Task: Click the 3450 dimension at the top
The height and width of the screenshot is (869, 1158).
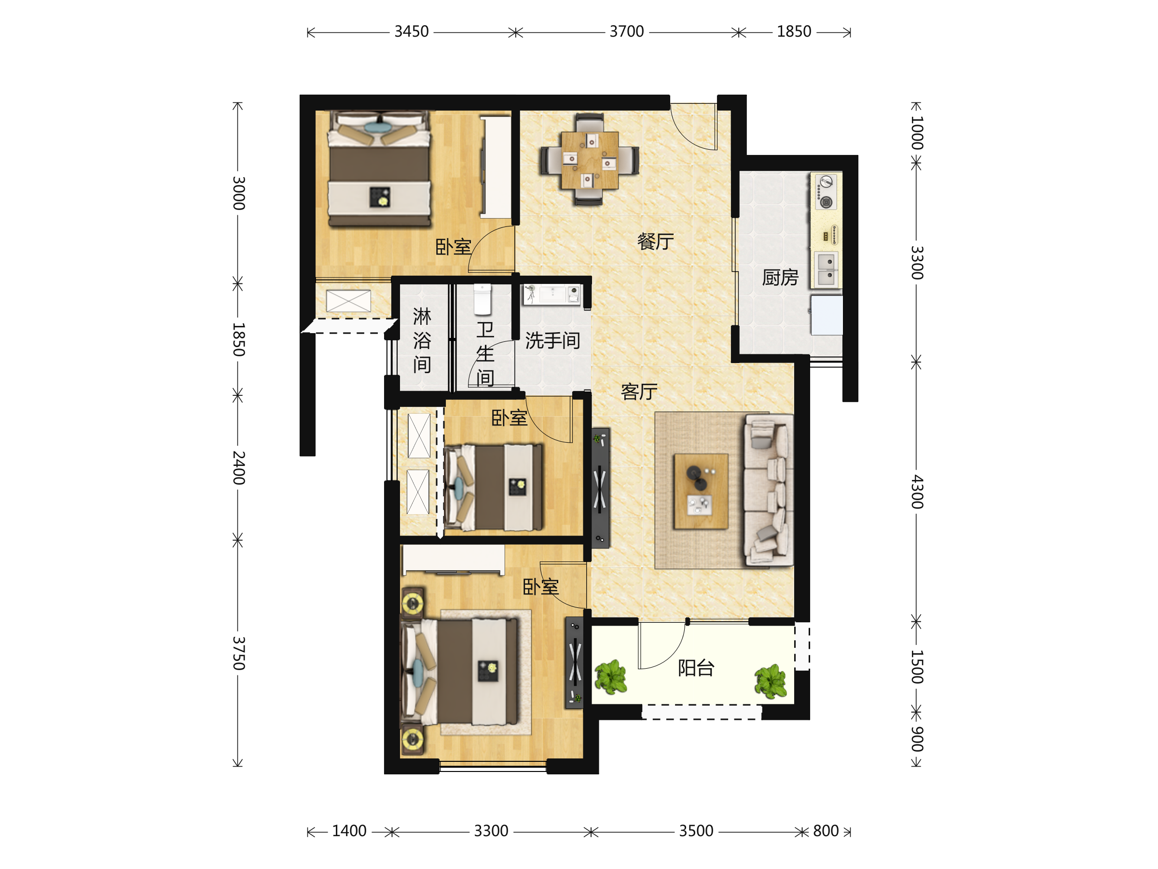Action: [412, 32]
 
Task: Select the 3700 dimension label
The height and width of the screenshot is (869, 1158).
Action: [627, 32]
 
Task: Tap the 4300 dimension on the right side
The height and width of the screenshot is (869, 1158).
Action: [917, 492]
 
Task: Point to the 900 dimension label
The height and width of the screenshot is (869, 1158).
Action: [917, 739]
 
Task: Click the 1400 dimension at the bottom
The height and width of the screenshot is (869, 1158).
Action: [349, 831]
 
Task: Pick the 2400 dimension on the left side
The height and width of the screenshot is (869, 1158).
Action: [238, 468]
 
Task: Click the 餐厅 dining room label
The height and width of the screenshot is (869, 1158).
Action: [655, 241]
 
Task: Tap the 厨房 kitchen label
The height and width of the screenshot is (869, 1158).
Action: [780, 278]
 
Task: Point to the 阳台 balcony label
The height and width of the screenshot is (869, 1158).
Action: [696, 668]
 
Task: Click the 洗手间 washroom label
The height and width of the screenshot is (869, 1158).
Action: [552, 341]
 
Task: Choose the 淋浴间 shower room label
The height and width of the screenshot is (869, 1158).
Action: [422, 340]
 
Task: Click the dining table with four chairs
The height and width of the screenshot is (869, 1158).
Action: [590, 159]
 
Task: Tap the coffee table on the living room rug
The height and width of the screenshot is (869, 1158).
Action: [701, 491]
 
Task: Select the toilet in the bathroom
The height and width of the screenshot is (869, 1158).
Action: [482, 300]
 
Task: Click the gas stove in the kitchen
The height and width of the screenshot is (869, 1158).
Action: [826, 192]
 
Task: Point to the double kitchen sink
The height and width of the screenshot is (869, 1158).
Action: [826, 269]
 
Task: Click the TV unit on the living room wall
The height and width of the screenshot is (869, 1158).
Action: [600, 488]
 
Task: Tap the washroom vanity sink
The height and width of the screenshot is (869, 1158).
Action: [552, 295]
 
